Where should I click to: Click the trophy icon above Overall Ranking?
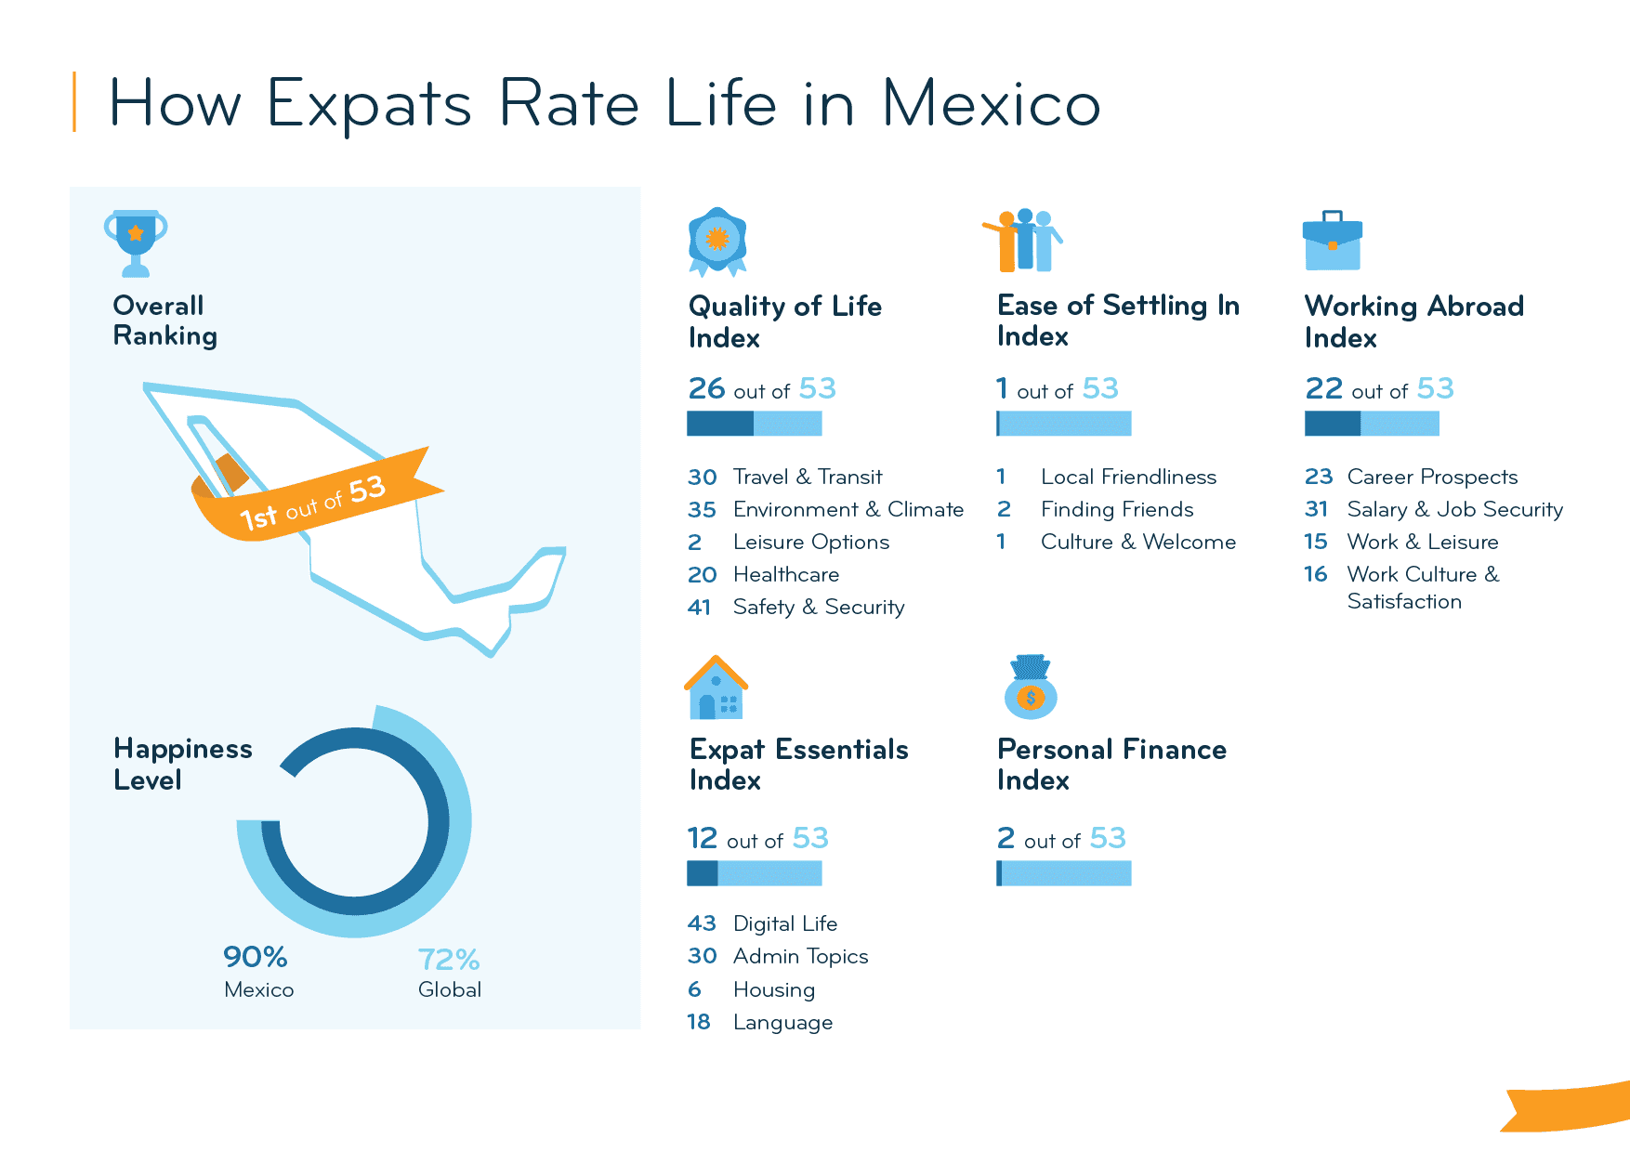(136, 242)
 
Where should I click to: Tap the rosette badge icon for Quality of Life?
(717, 241)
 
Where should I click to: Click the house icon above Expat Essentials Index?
(716, 688)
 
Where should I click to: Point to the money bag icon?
(1031, 688)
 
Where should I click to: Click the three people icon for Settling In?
(1024, 241)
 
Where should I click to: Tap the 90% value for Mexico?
(256, 956)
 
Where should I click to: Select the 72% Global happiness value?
(449, 959)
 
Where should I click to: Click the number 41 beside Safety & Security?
(699, 608)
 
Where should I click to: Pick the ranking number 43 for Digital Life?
(702, 923)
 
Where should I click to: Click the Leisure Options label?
(810, 542)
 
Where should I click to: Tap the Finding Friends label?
(1117, 509)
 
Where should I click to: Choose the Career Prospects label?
(1432, 477)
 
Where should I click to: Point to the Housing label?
(773, 989)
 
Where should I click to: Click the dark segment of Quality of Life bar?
(720, 424)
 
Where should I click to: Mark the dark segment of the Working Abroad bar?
(1333, 424)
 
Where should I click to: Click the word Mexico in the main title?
(991, 103)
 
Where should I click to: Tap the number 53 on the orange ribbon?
(367, 489)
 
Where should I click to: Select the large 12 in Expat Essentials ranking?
(703, 838)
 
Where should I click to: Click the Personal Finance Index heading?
(1111, 764)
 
